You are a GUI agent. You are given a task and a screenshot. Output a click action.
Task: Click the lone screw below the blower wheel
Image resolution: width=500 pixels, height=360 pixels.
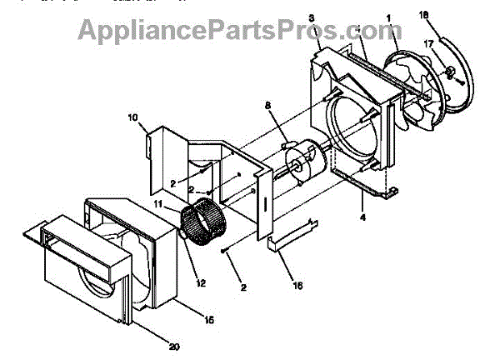[225, 249]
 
